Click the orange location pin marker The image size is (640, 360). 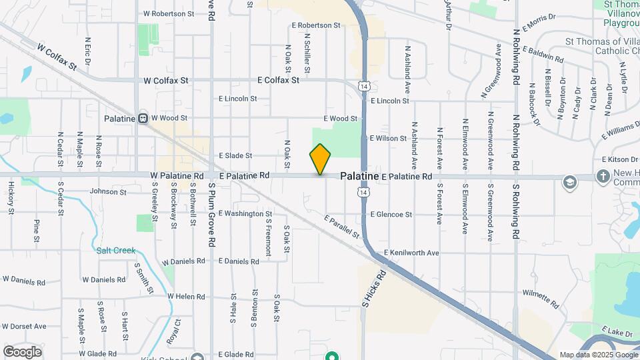tap(321, 159)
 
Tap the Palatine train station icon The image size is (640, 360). tap(143, 119)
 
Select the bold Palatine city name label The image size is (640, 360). tap(360, 176)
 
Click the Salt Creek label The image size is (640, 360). tap(115, 251)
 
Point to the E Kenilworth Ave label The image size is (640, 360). tap(411, 253)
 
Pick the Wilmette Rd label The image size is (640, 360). tap(540, 298)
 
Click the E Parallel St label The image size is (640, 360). tap(342, 227)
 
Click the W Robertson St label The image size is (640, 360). tap(169, 13)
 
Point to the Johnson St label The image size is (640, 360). tap(108, 192)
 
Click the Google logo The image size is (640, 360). tap(22, 352)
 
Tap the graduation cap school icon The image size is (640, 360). tap(569, 182)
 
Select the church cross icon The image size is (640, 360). tap(603, 177)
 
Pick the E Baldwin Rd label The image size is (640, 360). tap(543, 54)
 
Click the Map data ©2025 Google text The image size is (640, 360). tap(598, 355)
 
